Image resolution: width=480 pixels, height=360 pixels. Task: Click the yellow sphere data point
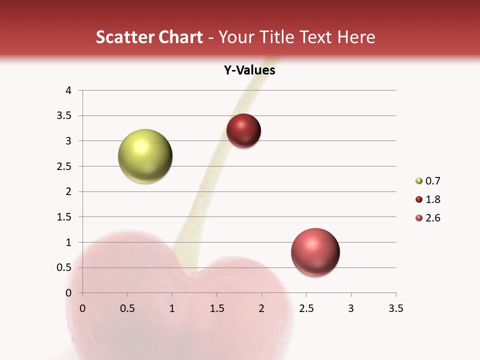145,156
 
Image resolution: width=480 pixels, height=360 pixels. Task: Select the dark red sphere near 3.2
243,131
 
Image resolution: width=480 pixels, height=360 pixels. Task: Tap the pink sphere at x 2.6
315,252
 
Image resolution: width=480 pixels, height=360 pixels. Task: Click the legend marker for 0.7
419,181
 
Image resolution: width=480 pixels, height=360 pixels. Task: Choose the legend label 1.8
432,199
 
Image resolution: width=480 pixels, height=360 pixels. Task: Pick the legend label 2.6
432,218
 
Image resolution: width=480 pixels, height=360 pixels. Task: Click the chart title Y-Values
249,70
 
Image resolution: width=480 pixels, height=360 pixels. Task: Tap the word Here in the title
356,37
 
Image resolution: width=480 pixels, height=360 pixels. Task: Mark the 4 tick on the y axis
69,90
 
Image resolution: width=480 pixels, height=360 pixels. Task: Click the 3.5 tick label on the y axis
64,115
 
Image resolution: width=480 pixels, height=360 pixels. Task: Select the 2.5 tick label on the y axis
64,166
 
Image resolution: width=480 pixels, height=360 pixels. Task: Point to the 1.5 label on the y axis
64,217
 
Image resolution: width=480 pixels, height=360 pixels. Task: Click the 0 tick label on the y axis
69,293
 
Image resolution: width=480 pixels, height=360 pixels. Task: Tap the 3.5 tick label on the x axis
395,308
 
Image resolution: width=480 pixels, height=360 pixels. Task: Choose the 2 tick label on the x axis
261,308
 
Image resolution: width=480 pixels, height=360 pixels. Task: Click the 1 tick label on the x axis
172,308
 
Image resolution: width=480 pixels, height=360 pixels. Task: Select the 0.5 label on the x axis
127,308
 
